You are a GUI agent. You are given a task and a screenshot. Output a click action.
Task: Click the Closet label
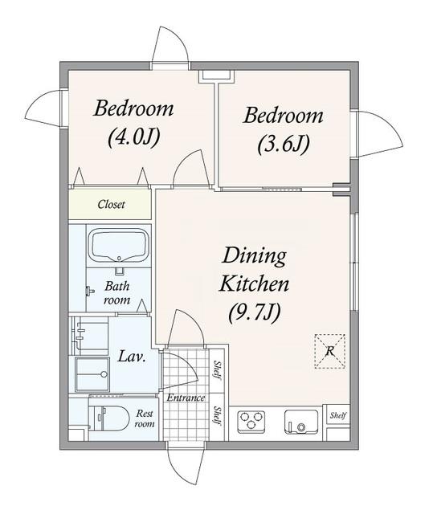point(111,205)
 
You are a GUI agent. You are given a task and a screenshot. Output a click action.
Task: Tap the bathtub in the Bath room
point(120,246)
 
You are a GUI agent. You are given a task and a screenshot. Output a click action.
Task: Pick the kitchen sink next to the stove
point(301,421)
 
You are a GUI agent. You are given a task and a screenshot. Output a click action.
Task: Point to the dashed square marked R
point(329,351)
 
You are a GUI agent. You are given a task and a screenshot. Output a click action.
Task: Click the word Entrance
point(186,398)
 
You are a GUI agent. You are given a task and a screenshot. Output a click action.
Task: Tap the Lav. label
point(132,357)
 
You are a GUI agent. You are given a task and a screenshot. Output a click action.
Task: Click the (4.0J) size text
point(134,137)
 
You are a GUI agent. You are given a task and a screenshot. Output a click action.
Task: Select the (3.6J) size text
point(284,144)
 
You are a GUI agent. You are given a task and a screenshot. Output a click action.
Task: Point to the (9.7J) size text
point(255,312)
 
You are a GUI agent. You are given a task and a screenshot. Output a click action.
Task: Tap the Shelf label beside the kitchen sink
point(337,416)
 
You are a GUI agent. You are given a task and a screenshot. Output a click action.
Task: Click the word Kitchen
point(255,284)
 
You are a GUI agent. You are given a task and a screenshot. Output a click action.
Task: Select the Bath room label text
point(117,293)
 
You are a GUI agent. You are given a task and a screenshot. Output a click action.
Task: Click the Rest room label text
point(145,418)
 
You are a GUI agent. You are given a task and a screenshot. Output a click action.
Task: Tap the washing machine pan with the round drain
point(92,374)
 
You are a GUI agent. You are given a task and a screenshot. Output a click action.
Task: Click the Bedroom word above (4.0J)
point(133,108)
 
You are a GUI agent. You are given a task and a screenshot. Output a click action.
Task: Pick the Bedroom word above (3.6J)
point(283,116)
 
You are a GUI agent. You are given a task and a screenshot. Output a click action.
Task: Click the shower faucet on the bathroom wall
point(89,291)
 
